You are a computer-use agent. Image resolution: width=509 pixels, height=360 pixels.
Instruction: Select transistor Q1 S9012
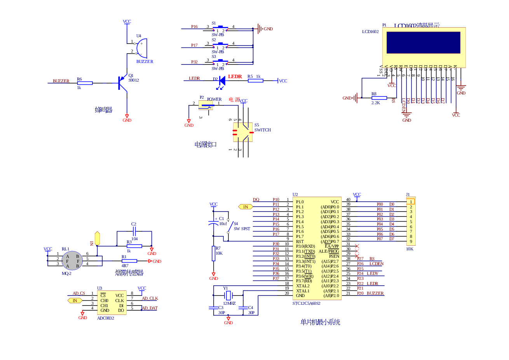(x=122, y=83)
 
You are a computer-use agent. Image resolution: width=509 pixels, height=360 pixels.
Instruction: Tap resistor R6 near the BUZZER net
(x=85, y=83)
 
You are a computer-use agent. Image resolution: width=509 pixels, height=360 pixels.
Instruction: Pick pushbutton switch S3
(x=220, y=61)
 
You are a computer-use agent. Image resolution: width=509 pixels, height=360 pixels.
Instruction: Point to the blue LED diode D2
(x=221, y=80)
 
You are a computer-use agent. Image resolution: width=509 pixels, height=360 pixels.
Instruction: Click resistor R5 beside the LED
(x=255, y=80)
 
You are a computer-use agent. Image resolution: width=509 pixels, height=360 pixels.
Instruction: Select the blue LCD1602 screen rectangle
(x=424, y=42)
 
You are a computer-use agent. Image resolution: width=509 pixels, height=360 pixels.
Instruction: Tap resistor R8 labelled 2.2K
(x=379, y=98)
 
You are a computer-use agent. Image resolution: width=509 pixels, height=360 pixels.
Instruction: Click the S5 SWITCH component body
(x=243, y=132)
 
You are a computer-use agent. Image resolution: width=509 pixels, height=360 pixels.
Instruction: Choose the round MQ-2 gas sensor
(x=72, y=260)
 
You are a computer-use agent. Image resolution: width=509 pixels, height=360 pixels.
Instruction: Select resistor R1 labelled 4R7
(x=129, y=261)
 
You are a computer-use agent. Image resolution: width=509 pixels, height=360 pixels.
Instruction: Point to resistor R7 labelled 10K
(x=214, y=253)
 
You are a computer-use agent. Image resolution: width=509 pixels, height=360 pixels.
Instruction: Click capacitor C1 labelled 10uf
(x=213, y=223)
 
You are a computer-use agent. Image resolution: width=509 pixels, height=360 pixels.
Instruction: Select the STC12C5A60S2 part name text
(x=306, y=303)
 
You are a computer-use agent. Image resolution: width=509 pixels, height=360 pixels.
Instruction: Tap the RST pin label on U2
(x=300, y=241)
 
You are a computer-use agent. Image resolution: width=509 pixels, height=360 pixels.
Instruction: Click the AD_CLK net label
(x=150, y=298)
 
